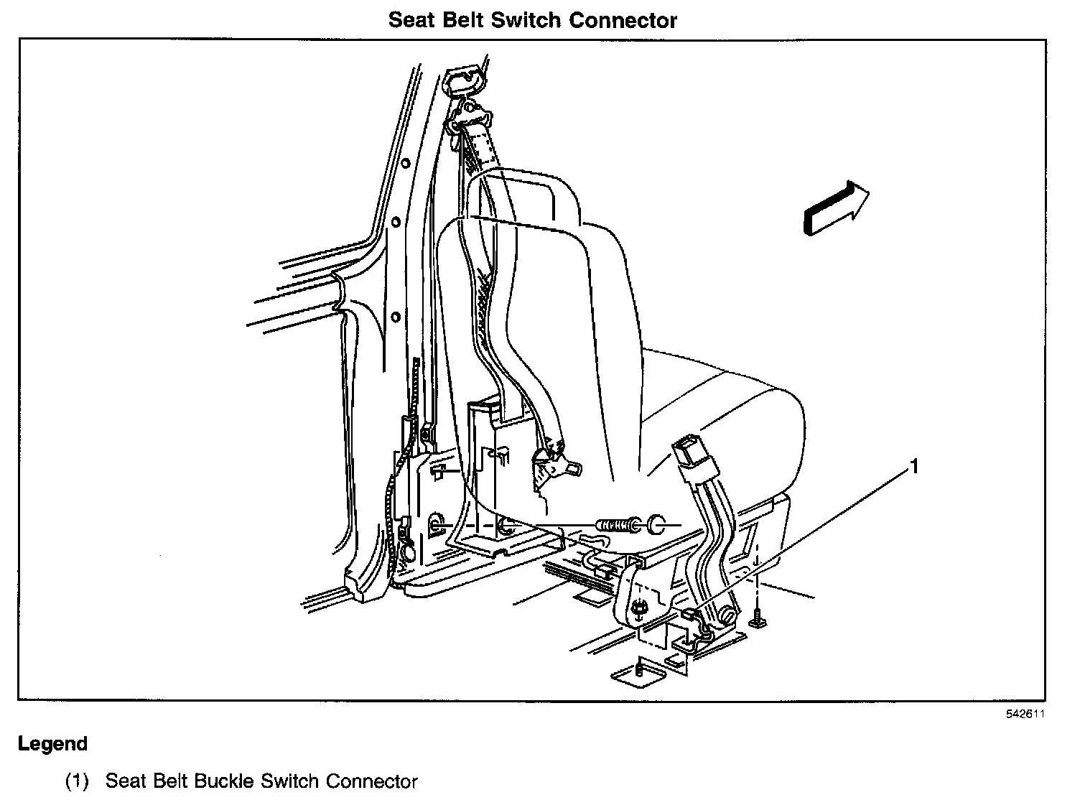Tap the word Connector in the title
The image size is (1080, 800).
623,20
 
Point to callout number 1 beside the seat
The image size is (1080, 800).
914,468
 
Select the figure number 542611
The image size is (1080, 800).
1025,714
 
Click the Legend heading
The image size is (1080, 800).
52,743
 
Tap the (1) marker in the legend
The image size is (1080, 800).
77,781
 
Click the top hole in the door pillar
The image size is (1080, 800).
405,163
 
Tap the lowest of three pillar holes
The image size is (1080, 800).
395,316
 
